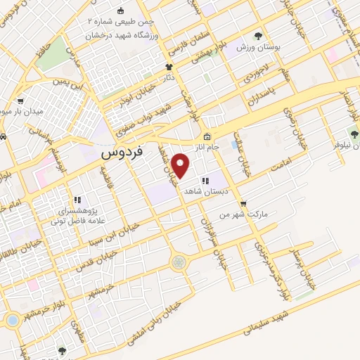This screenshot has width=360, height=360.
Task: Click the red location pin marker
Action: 181,166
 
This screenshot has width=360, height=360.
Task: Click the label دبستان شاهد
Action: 202,191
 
